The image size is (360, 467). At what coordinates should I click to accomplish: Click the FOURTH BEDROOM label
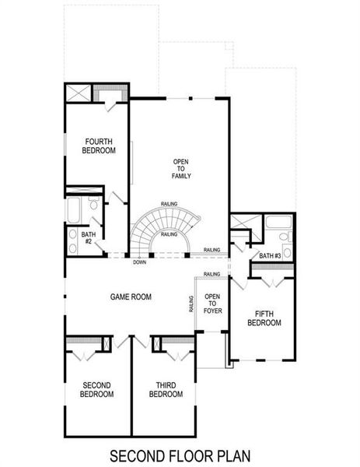pyautogui.click(x=100, y=145)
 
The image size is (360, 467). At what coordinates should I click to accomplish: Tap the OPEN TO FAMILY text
pyautogui.click(x=181, y=169)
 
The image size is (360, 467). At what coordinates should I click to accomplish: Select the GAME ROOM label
pyautogui.click(x=131, y=297)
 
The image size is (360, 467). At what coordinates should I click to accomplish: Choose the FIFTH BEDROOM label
pyautogui.click(x=263, y=318)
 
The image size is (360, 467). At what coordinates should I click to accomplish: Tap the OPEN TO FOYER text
pyautogui.click(x=212, y=304)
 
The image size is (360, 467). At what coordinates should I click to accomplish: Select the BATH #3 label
pyautogui.click(x=269, y=255)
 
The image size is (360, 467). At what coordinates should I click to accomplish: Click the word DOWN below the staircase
pyautogui.click(x=139, y=262)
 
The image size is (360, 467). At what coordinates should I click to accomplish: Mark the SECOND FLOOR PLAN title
pyautogui.click(x=180, y=454)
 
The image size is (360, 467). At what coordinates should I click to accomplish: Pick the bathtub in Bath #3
pyautogui.click(x=278, y=223)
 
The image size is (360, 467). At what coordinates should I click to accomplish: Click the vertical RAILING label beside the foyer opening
pyautogui.click(x=190, y=304)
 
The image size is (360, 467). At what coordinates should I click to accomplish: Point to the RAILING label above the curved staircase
pyautogui.click(x=169, y=203)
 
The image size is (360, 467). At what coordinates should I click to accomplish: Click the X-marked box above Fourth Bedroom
pyautogui.click(x=78, y=93)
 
